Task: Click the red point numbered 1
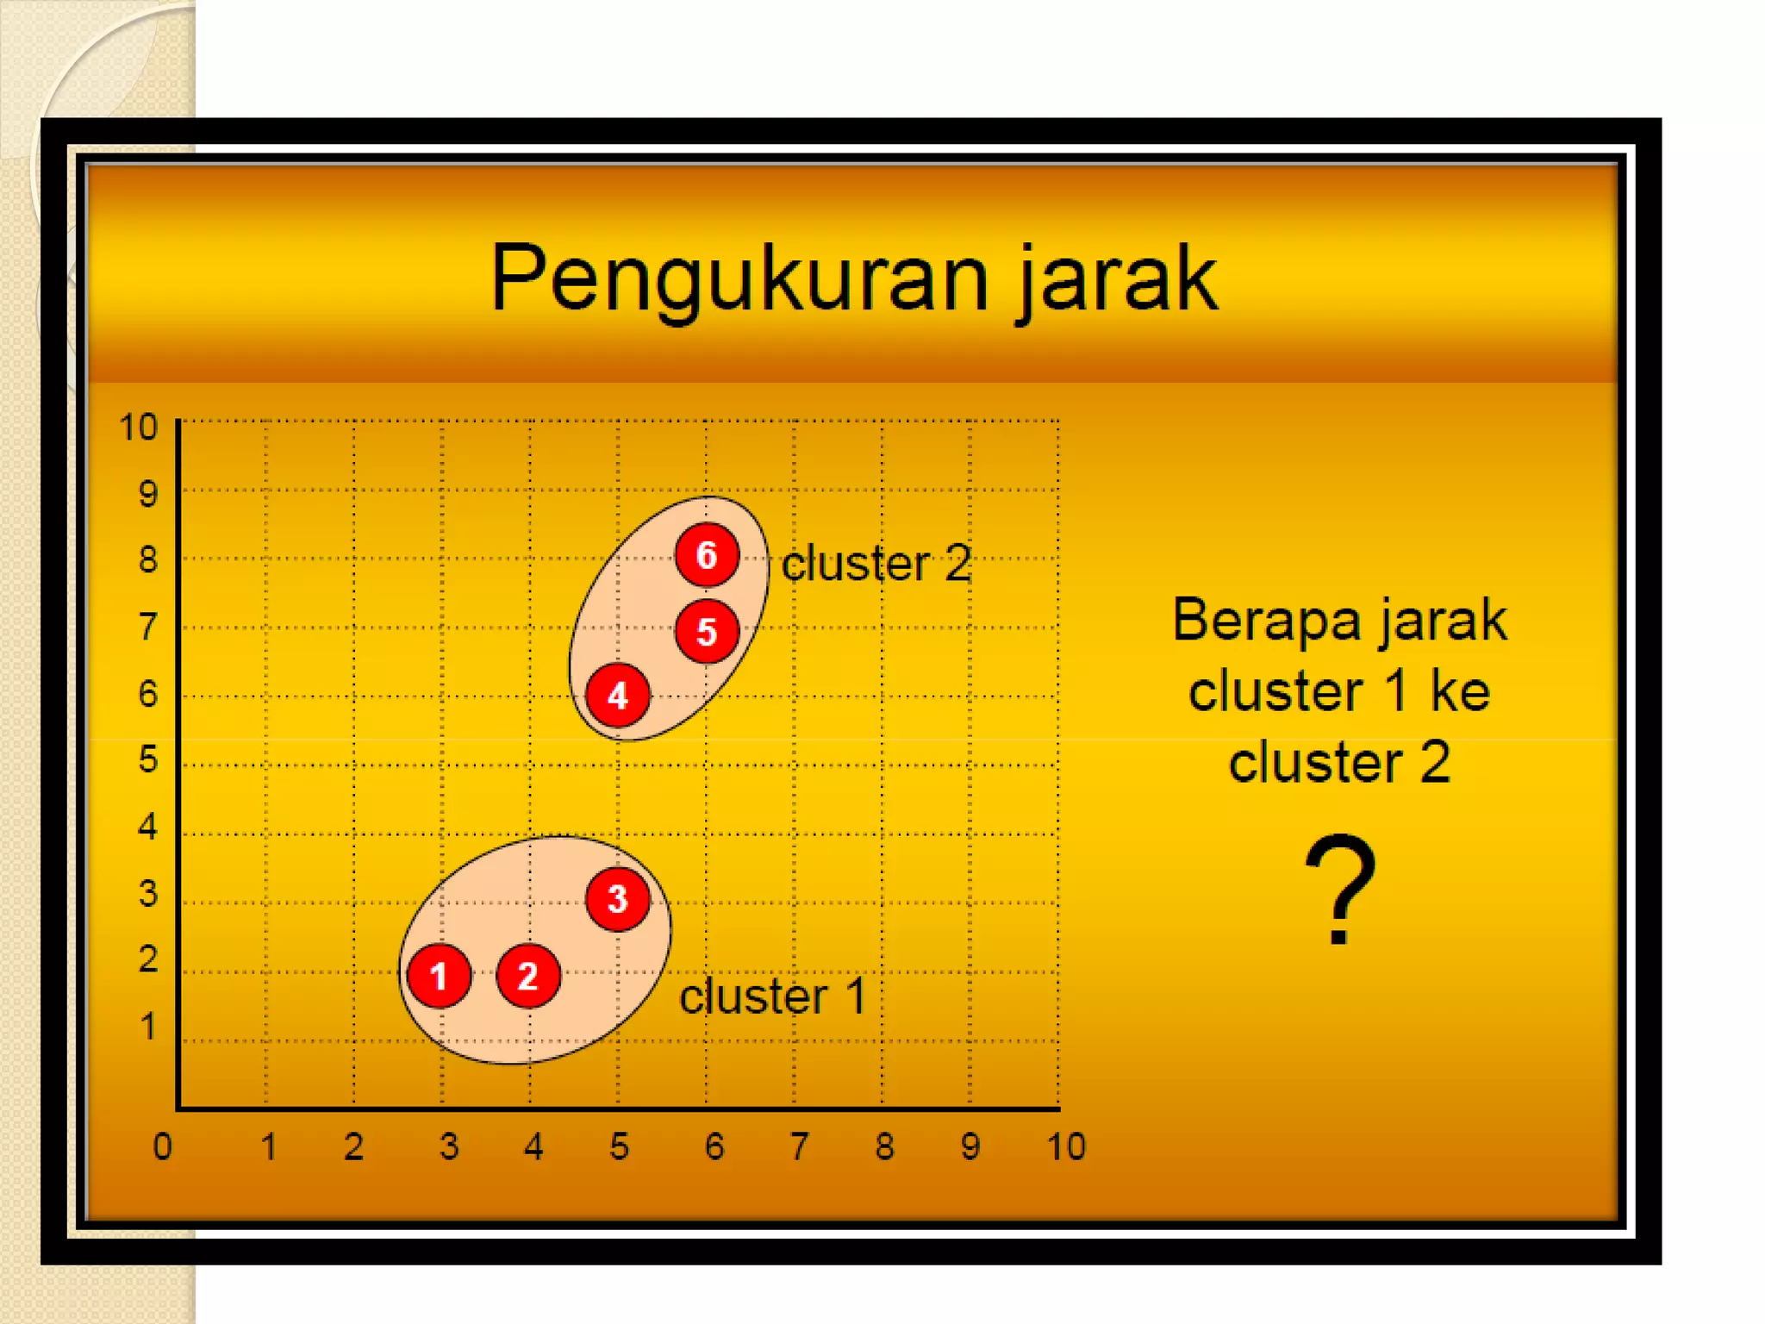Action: [440, 976]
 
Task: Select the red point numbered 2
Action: [528, 976]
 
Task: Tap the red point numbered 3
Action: [617, 899]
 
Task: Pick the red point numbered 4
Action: [617, 696]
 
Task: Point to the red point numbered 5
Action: [707, 632]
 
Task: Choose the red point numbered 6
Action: [707, 555]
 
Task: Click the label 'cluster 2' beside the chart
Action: [876, 564]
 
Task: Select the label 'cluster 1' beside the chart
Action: [772, 996]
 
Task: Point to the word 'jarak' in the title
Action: [1117, 278]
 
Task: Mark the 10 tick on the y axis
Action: [139, 428]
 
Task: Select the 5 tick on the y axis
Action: [148, 759]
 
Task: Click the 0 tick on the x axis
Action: [162, 1147]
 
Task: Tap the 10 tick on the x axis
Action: [1066, 1147]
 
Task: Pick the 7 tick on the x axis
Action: [800, 1147]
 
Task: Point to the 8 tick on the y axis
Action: [148, 560]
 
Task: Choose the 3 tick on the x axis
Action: [449, 1147]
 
